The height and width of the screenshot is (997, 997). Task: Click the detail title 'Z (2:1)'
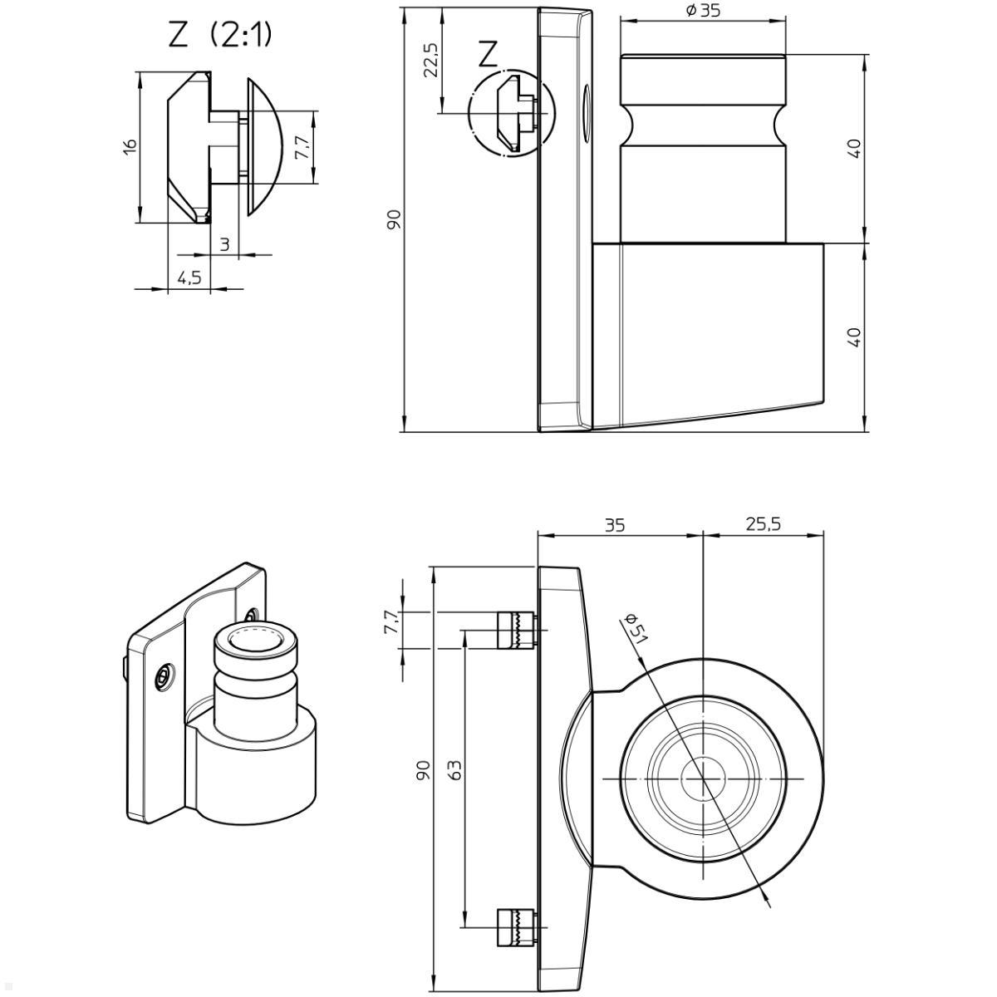click(x=220, y=35)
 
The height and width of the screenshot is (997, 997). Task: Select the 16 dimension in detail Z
click(x=130, y=145)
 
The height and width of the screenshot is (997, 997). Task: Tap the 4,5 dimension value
click(x=189, y=277)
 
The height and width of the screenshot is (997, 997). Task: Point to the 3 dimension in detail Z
click(x=224, y=244)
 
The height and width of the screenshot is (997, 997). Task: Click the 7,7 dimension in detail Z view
click(x=302, y=147)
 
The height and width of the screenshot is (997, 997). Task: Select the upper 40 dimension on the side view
click(x=854, y=148)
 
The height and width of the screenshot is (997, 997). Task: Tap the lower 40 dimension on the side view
click(x=854, y=336)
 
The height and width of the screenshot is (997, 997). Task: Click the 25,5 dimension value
click(x=762, y=524)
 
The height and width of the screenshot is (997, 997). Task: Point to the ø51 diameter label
click(x=636, y=630)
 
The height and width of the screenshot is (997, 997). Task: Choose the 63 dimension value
click(x=454, y=769)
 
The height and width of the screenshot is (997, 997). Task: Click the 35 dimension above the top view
click(x=614, y=524)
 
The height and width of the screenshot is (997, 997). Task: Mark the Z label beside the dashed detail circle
click(x=489, y=56)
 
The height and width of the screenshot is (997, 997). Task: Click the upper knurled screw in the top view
click(x=515, y=630)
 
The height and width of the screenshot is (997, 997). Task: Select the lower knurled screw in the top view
click(x=515, y=927)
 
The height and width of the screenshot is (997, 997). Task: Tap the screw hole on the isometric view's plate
click(x=165, y=677)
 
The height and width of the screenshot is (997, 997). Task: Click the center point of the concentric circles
click(x=703, y=779)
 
